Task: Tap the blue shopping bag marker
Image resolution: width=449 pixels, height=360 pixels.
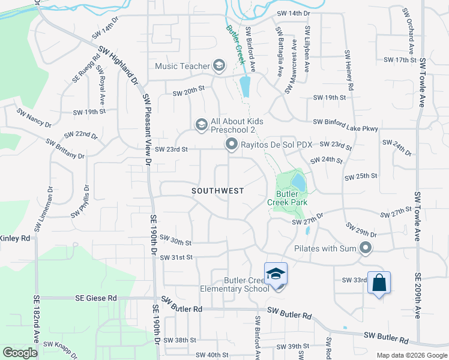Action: click(x=379, y=283)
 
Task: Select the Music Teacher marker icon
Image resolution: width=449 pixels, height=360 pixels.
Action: click(x=219, y=65)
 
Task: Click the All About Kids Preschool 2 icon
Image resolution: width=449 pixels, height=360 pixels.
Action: click(x=201, y=125)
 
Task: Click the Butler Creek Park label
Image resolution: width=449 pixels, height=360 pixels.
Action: click(x=287, y=198)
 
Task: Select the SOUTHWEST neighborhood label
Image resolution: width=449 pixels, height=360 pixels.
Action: click(x=218, y=191)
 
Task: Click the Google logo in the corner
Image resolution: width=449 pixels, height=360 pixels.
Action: click(x=20, y=352)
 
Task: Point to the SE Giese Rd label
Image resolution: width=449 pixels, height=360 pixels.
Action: click(x=96, y=298)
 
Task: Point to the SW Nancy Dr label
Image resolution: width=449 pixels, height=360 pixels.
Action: click(x=34, y=117)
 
